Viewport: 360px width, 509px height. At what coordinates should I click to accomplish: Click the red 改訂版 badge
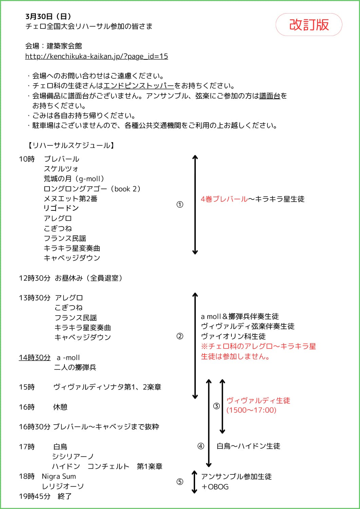[309, 25]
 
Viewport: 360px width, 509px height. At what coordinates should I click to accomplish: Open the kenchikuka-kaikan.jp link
[96, 56]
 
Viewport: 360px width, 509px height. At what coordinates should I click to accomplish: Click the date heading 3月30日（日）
[48, 16]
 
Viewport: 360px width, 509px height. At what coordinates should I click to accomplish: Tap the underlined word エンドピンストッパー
[138, 86]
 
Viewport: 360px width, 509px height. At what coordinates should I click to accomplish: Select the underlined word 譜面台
[270, 96]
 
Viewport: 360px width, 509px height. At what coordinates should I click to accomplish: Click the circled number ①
[180, 205]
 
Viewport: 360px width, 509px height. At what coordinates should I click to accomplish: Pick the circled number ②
[180, 336]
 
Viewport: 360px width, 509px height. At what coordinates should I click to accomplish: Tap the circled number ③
[216, 406]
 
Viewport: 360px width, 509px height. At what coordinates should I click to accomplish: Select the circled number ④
[201, 446]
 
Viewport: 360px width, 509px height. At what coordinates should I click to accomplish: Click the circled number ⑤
[180, 482]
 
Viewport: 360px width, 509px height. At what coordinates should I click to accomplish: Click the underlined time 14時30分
[35, 358]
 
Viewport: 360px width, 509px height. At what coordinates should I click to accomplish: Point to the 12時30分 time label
[35, 278]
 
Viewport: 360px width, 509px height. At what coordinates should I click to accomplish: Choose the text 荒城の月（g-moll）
[74, 179]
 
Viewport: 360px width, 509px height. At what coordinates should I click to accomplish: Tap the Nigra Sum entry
[59, 476]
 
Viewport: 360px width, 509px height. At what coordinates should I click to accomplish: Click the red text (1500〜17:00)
[251, 410]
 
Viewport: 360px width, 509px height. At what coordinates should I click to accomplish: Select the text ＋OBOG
[215, 487]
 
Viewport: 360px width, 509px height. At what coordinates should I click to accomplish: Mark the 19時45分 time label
[35, 496]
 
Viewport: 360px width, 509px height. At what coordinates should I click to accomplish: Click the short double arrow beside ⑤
[194, 482]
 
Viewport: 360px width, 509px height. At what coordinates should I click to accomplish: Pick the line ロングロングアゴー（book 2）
[92, 189]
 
